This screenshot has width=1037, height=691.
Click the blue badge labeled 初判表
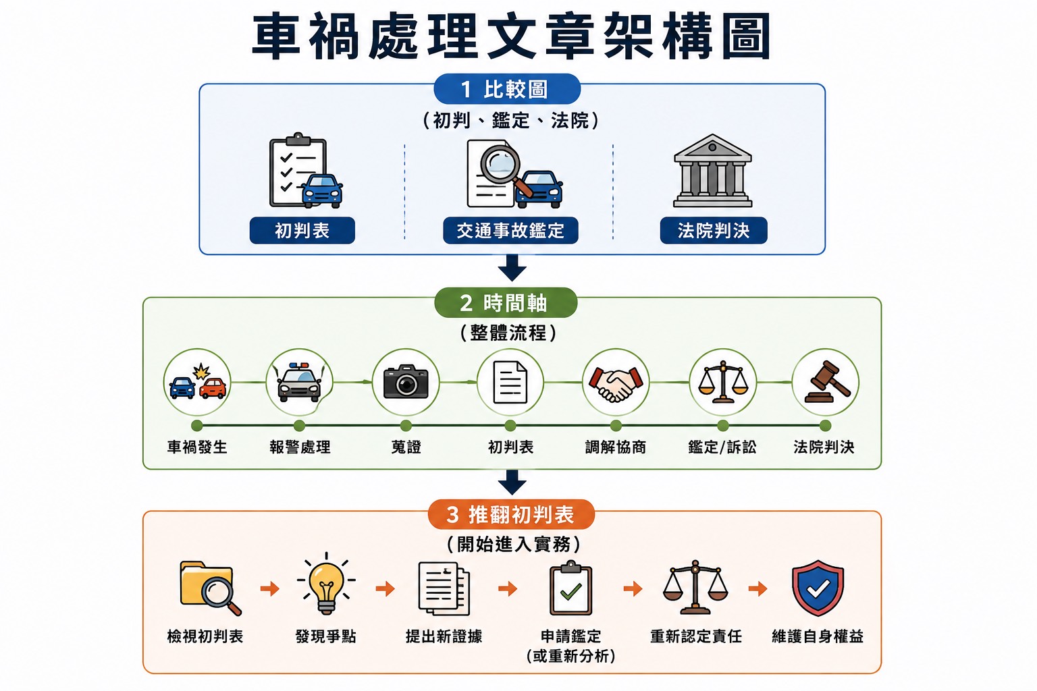[x=302, y=231]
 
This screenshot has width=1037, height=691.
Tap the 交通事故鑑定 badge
[x=510, y=231]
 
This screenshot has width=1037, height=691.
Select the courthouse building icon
[x=713, y=171]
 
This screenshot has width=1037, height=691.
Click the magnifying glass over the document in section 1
[x=503, y=168]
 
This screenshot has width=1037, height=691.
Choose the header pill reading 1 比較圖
[x=507, y=89]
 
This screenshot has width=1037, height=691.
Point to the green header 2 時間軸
[x=506, y=303]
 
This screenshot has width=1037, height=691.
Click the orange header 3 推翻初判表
[x=511, y=514]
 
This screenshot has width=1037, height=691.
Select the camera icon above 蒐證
[x=406, y=381]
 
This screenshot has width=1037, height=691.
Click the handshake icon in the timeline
[x=616, y=383]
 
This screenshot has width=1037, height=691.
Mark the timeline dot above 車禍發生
[x=196, y=425]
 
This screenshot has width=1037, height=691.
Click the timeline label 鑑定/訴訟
[x=722, y=447]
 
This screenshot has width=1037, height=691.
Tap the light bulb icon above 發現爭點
[x=326, y=584]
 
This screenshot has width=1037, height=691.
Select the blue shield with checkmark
[x=818, y=588]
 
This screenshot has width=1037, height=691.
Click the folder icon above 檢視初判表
[x=210, y=588]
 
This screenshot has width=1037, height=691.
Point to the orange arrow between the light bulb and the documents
[x=385, y=588]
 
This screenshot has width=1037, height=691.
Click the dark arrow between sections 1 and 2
[x=512, y=267]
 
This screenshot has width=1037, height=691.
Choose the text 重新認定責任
[x=696, y=636]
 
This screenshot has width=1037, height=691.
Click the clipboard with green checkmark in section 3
[x=570, y=588]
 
